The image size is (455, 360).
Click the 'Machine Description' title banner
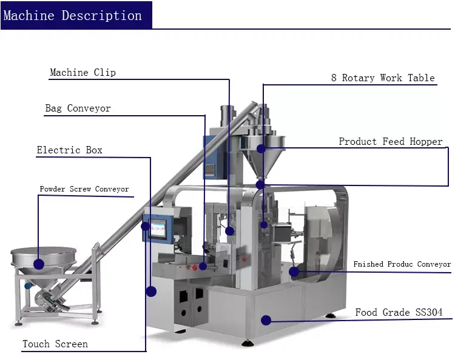(73, 15)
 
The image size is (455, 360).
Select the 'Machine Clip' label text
(83, 73)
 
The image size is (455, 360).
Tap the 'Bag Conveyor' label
(78, 108)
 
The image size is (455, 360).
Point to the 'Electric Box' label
(69, 150)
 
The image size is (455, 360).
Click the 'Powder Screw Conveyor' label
(84, 189)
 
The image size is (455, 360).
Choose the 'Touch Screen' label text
(55, 344)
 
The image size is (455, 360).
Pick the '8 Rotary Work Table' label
(383, 78)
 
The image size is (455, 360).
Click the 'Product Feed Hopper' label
(391, 141)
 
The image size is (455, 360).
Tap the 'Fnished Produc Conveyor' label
(402, 264)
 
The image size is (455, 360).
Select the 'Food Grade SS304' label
(399, 313)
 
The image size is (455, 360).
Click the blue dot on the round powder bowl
(39, 264)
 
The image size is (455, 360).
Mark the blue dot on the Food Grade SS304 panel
(265, 319)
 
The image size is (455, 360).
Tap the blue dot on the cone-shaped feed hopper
(261, 148)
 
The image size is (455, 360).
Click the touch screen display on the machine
(157, 228)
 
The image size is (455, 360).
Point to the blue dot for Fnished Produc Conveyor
(294, 272)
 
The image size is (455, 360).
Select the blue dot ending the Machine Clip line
(229, 231)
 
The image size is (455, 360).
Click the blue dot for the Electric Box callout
(151, 292)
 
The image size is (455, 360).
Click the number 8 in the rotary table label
(334, 78)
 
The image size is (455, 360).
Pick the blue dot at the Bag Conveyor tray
(203, 266)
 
